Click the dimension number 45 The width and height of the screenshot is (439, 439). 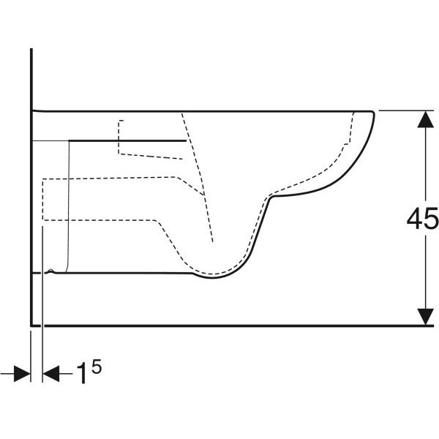point(422,218)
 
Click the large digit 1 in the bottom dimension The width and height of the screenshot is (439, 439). point(82,373)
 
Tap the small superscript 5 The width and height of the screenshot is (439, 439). point(97,367)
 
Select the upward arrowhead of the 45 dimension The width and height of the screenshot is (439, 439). point(426,119)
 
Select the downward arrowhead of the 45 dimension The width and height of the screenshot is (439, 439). point(426,317)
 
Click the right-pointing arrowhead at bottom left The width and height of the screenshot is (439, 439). point(22,373)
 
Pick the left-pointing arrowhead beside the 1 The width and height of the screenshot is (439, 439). point(51,373)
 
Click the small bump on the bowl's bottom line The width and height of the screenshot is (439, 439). point(50,271)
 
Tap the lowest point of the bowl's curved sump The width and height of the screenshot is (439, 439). point(213,278)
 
